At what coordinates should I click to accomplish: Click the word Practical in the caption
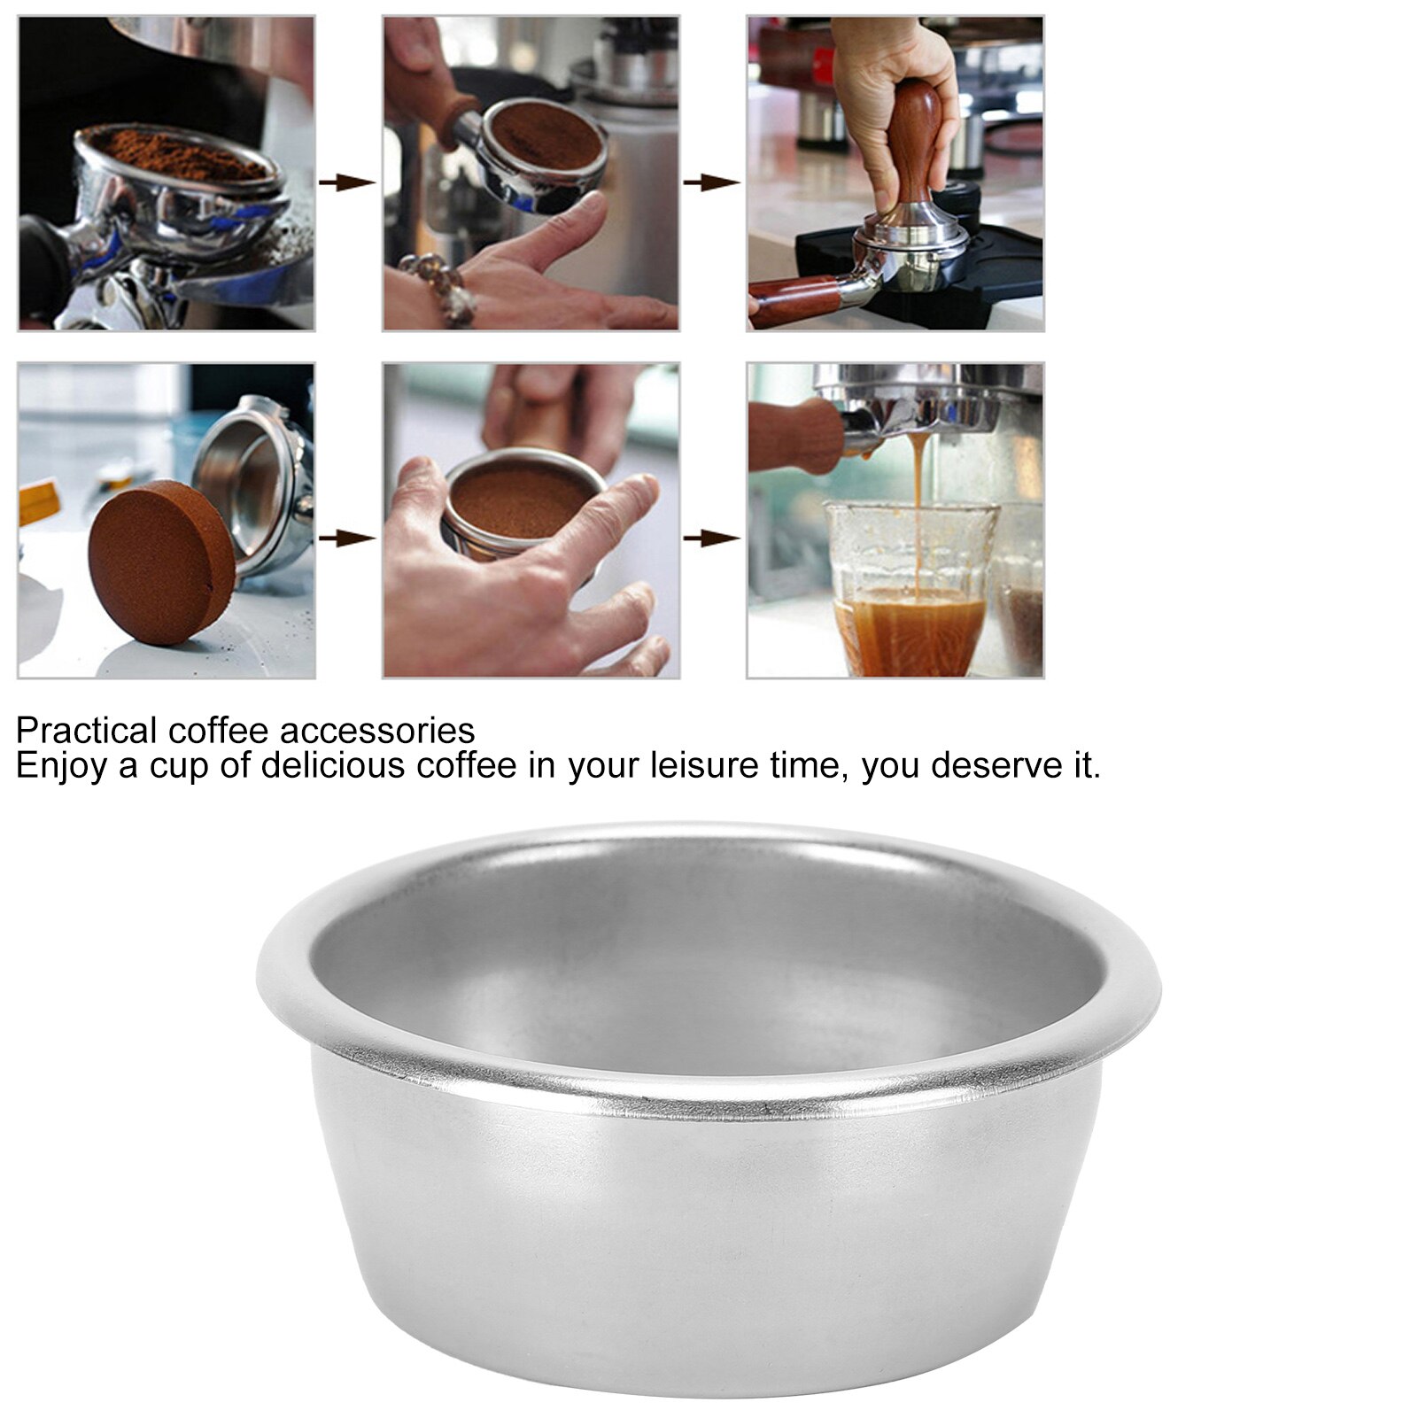pyautogui.click(x=85, y=731)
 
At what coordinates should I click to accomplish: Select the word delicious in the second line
pyautogui.click(x=332, y=765)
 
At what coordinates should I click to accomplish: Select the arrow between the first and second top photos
pyautogui.click(x=346, y=183)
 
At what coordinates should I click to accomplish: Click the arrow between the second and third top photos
pyautogui.click(x=711, y=183)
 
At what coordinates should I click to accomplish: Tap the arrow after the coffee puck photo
pyautogui.click(x=346, y=538)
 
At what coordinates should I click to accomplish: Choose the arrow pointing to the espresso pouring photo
pyautogui.click(x=711, y=538)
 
